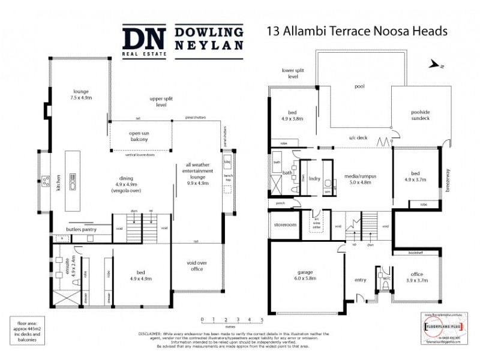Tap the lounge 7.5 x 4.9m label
[x=80, y=93]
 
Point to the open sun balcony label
[x=139, y=136]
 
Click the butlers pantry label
[x=82, y=230]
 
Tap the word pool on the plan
[x=359, y=86]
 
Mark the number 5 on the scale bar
[x=262, y=319]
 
